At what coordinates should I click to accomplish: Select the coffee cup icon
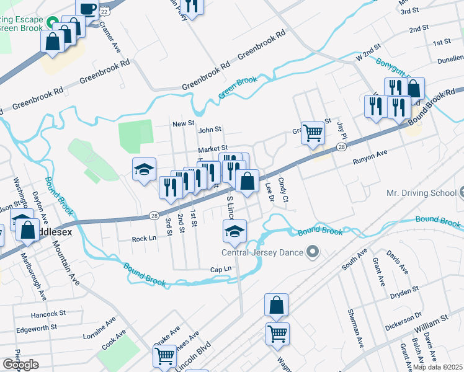pos(87,9)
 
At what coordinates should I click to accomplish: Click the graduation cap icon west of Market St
pos(143,169)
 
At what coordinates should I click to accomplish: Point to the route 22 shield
pos(105,11)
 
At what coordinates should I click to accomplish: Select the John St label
pos(210,130)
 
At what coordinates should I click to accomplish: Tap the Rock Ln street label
pos(143,239)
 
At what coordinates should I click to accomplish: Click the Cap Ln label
pos(221,269)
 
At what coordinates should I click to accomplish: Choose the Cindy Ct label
pos(284,190)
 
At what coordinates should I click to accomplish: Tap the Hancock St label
pos(43,314)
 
